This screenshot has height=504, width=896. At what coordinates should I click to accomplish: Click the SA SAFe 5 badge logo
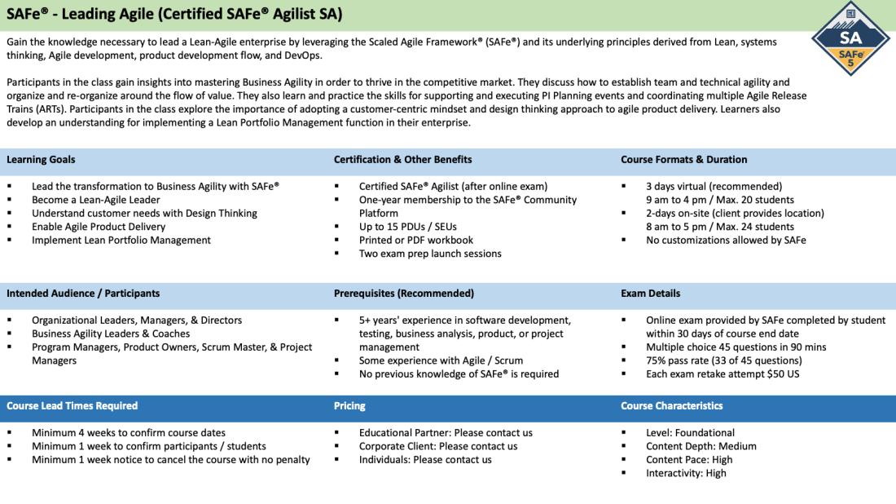[x=850, y=39]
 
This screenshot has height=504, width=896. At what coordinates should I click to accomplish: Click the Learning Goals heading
[x=41, y=160]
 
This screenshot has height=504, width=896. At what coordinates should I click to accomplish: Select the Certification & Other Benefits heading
[x=403, y=160]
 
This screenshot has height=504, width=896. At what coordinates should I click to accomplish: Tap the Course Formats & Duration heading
[x=684, y=160]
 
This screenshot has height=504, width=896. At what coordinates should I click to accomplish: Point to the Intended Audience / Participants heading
[x=83, y=294]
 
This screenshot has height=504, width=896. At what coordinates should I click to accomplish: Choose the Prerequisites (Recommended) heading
[x=404, y=294]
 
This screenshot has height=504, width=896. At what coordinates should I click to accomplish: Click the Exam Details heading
[x=650, y=294]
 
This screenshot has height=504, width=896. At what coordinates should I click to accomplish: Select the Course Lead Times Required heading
[x=72, y=405]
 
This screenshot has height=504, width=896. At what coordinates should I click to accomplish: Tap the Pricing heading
[x=349, y=405]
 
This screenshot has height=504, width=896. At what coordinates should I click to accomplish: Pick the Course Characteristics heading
[x=672, y=405]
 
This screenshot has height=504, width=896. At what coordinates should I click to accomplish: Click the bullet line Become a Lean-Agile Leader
[x=96, y=200]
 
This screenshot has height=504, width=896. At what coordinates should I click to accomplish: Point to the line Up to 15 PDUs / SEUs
[x=408, y=227]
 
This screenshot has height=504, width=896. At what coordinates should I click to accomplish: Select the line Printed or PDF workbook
[x=416, y=241]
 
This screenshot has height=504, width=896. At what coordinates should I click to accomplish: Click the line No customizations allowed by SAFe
[x=727, y=241]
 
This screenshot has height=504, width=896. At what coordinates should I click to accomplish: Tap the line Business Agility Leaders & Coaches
[x=111, y=334]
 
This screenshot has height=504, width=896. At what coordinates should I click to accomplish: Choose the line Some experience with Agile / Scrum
[x=441, y=360]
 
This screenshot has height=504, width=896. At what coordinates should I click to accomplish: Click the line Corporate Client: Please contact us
[x=438, y=446]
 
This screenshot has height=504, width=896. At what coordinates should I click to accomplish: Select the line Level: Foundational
[x=690, y=433]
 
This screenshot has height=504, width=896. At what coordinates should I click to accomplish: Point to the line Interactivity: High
[x=687, y=473]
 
